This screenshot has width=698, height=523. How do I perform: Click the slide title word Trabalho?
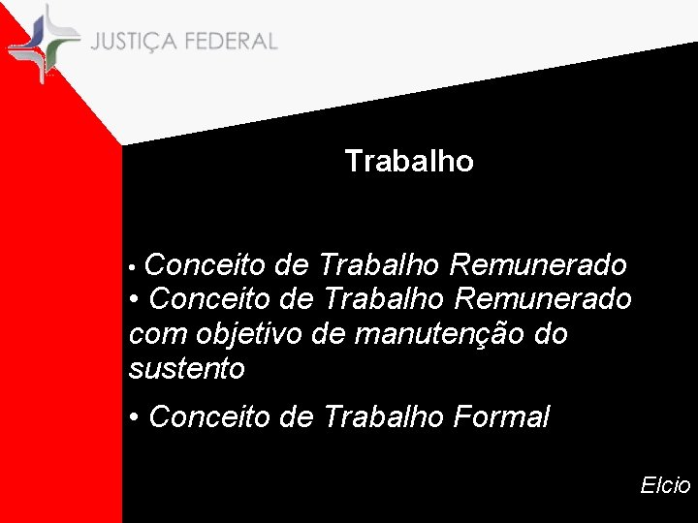pos(409,161)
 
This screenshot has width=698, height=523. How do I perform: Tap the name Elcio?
pos(665,485)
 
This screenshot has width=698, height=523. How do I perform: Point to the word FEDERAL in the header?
pos(229,43)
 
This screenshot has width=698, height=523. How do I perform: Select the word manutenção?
pos(440,335)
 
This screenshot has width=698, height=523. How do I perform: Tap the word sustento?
pos(186,369)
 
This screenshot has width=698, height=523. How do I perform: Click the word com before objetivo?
pos(157,335)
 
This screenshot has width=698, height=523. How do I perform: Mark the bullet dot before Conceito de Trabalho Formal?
pos(135,418)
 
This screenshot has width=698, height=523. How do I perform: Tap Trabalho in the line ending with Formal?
pos(382,417)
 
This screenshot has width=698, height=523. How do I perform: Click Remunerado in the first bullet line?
pos(538,264)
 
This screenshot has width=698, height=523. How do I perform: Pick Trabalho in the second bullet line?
pos(382,298)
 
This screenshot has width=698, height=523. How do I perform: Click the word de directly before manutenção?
pos(330,335)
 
